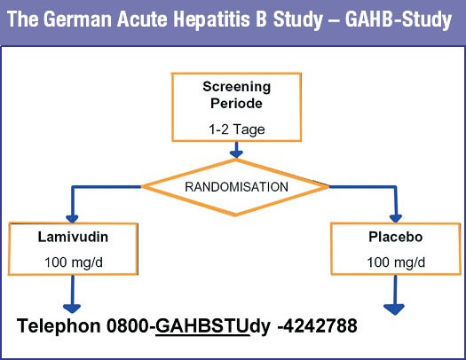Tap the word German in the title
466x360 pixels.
[78, 19]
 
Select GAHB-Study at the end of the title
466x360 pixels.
[399, 20]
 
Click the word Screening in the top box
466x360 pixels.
[237, 87]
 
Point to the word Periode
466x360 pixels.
[237, 103]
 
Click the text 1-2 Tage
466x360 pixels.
[237, 129]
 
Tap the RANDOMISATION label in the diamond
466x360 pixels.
[237, 187]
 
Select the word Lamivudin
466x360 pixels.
[73, 237]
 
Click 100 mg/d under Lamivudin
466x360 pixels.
[74, 262]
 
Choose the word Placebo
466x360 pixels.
[396, 237]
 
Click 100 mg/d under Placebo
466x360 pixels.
[396, 262]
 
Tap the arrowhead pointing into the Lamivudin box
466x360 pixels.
[72, 219]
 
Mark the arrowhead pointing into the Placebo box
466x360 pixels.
[396, 219]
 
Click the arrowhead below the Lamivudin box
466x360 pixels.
[72, 309]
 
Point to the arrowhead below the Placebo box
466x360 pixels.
[394, 309]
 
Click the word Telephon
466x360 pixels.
[59, 326]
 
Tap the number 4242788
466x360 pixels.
[320, 325]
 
